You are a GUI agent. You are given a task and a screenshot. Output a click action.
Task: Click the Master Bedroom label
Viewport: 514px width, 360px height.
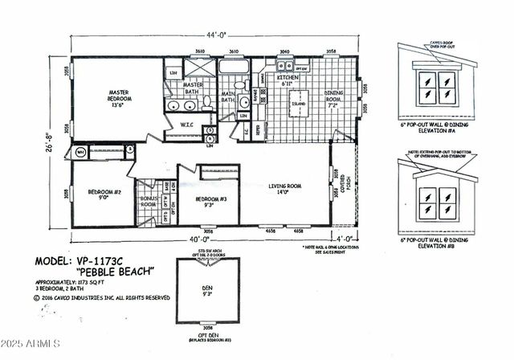119,96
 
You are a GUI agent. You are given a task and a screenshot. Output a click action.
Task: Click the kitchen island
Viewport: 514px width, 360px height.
298,104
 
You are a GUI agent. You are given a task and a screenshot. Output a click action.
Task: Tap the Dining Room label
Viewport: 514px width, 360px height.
335,98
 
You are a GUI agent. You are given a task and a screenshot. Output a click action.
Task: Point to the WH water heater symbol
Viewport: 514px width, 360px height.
80,152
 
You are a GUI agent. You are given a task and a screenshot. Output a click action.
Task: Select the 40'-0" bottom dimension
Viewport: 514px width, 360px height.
198,239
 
